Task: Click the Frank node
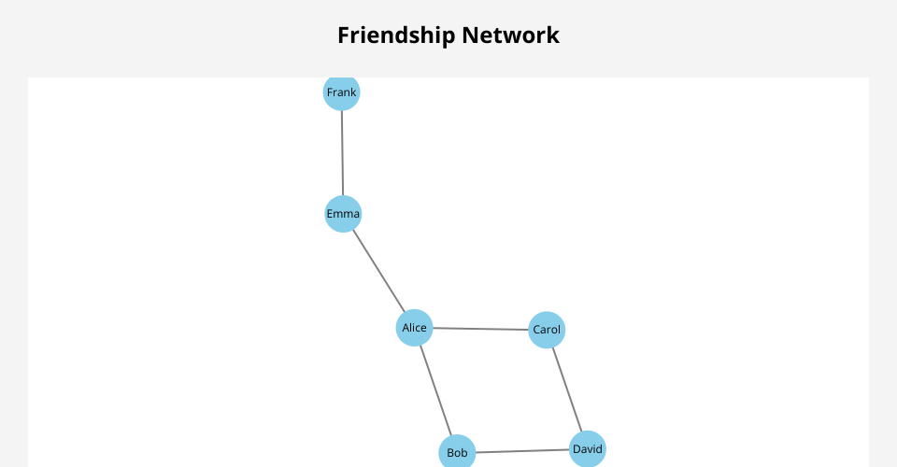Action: [342, 92]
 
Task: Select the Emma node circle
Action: [343, 214]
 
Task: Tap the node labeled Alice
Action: [414, 328]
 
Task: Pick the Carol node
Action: [547, 330]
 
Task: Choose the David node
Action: [588, 449]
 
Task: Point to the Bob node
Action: [457, 453]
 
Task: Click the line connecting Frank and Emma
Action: [342, 153]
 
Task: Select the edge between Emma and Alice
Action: [378, 271]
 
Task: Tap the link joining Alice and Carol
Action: [480, 329]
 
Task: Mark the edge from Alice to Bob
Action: [435, 390]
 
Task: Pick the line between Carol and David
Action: [567, 389]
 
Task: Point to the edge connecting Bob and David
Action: [522, 451]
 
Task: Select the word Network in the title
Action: [515, 35]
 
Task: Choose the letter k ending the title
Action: [554, 35]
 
